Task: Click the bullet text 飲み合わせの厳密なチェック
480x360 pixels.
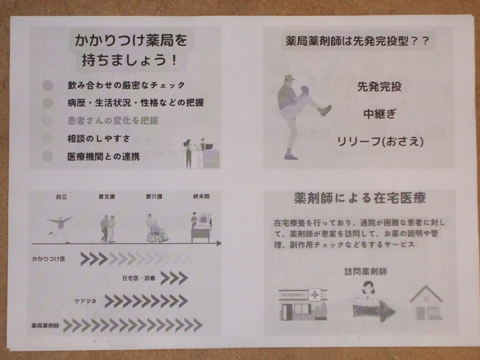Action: pyautogui.click(x=126, y=85)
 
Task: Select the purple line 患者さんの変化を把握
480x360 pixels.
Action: pyautogui.click(x=112, y=120)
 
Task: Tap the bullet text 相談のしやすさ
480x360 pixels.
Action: pyautogui.click(x=98, y=139)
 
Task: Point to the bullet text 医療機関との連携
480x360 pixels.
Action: pyautogui.click(x=104, y=157)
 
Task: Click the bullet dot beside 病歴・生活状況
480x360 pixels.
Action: pyautogui.click(x=48, y=103)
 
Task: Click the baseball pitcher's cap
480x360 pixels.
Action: pyautogui.click(x=289, y=77)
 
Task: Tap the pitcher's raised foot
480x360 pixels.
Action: pyautogui.click(x=326, y=110)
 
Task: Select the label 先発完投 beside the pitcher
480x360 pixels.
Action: pyautogui.click(x=380, y=87)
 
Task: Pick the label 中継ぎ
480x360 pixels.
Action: pyautogui.click(x=380, y=114)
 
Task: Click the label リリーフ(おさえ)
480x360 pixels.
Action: pyautogui.click(x=380, y=142)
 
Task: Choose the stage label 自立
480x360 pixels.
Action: pyautogui.click(x=61, y=197)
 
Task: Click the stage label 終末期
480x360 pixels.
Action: pyautogui.click(x=201, y=196)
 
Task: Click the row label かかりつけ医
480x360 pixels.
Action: pyautogui.click(x=49, y=259)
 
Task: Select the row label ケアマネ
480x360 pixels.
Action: pyautogui.click(x=85, y=301)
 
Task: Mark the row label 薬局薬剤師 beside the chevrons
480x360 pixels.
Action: pyautogui.click(x=45, y=325)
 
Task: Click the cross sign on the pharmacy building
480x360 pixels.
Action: pyautogui.click(x=315, y=295)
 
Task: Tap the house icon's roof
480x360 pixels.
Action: pyautogui.click(x=427, y=294)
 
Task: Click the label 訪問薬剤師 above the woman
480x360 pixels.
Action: pyautogui.click(x=366, y=271)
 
